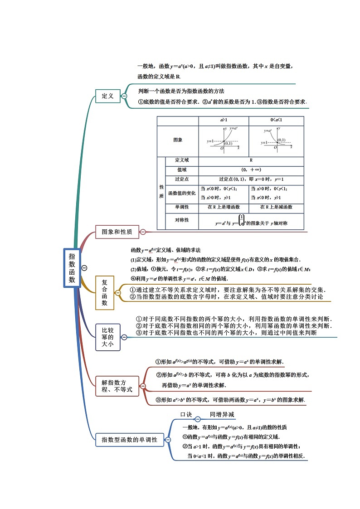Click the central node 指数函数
click(72, 268)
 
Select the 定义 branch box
click(107, 96)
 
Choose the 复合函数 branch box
click(104, 292)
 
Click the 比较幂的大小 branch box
click(107, 337)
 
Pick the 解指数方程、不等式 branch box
click(117, 386)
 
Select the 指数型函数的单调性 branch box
click(129, 439)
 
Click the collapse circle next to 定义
click(124, 96)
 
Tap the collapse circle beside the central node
click(84, 268)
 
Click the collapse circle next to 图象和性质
click(143, 232)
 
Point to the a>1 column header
click(224, 121)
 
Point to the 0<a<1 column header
click(276, 121)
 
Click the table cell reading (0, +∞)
click(251, 170)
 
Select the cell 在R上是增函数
click(224, 207)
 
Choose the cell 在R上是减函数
click(276, 207)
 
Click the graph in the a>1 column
click(224, 140)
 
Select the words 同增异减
click(222, 415)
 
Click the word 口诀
click(186, 415)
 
